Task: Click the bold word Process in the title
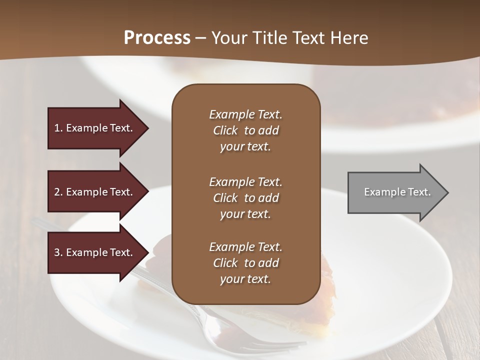tap(157, 38)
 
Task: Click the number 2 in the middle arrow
tap(57, 192)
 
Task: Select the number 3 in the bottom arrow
tap(57, 252)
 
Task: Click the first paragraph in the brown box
tap(245, 130)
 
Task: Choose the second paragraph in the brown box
tap(245, 198)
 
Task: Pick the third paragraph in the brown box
tap(245, 263)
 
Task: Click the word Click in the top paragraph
tap(225, 130)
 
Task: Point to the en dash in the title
tap(201, 38)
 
